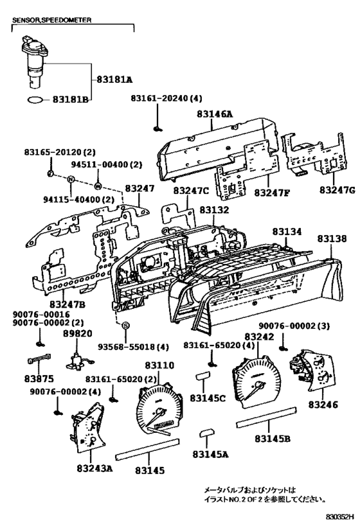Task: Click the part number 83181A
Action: pyautogui.click(x=114, y=80)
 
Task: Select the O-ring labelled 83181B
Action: pyautogui.click(x=35, y=100)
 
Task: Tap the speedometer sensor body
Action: pyautogui.click(x=34, y=62)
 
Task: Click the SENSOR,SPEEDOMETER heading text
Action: pyautogui.click(x=51, y=20)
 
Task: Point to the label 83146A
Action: pyautogui.click(x=215, y=114)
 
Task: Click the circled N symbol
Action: pyautogui.click(x=71, y=179)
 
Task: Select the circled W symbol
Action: pyautogui.click(x=98, y=185)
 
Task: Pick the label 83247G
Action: pyautogui.click(x=337, y=190)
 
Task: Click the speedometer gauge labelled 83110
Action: pyautogui.click(x=159, y=410)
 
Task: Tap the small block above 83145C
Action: pyautogui.click(x=203, y=375)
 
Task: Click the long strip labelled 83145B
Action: pyautogui.click(x=267, y=417)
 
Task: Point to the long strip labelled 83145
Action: pyautogui.click(x=147, y=449)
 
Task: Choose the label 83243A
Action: pyautogui.click(x=94, y=468)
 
